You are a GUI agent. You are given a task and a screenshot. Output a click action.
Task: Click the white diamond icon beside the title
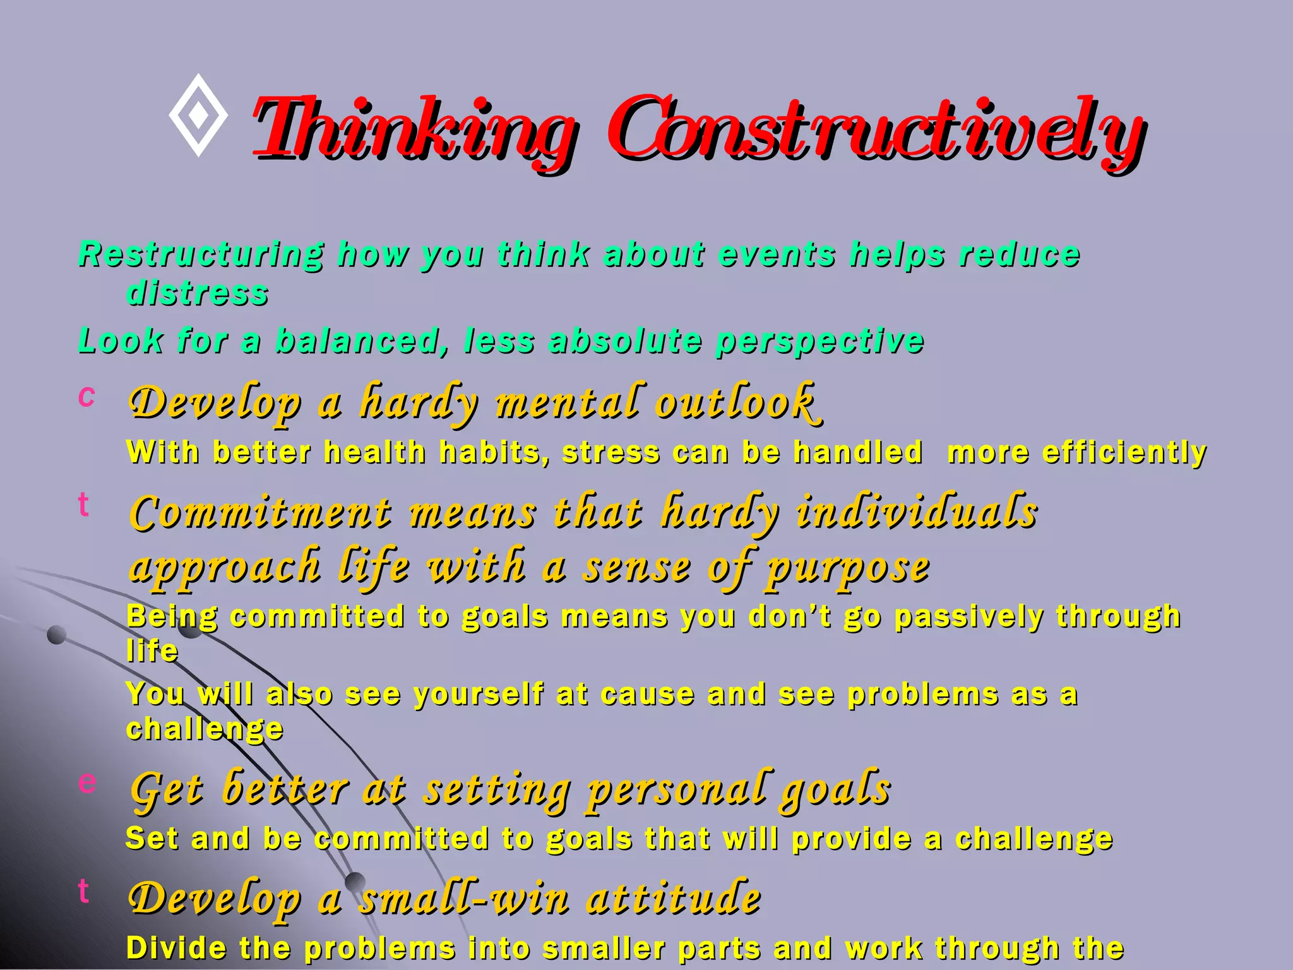pos(198,115)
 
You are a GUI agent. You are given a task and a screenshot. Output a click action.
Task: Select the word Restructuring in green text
pos(201,255)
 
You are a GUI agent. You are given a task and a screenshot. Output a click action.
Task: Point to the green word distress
pos(198,293)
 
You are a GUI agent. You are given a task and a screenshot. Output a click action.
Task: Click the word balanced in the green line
pos(357,341)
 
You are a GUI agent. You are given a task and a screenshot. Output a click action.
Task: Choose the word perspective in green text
pos(819,341)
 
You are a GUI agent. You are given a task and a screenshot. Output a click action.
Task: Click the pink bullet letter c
pos(86,396)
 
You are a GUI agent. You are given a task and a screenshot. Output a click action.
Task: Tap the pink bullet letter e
pos(87,782)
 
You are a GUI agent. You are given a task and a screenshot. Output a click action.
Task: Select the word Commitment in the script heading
pos(261,512)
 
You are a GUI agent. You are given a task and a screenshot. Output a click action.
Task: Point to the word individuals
pos(917,512)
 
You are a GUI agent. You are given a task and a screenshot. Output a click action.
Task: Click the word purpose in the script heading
pos(847,567)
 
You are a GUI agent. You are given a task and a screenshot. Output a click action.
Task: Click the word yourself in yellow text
pos(479,694)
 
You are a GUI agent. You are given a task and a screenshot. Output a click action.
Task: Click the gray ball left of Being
pos(57,635)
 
